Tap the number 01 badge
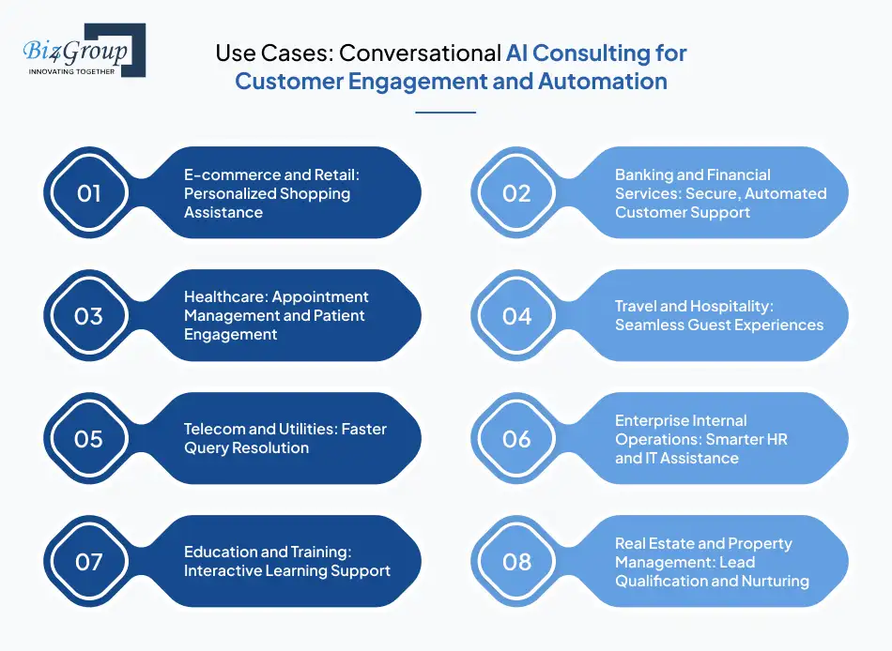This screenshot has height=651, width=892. coord(88,193)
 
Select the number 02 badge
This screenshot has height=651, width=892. coord(516,193)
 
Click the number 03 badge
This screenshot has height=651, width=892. coord(88,316)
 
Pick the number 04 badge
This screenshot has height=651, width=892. coord(516,316)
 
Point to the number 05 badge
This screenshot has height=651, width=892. coord(88,439)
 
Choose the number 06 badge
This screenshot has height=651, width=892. coord(516,439)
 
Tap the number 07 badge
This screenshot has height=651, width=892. coord(88,562)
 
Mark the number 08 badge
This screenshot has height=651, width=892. coord(516,562)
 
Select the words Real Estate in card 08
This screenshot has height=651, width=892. coord(655,544)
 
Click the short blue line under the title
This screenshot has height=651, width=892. coord(445,113)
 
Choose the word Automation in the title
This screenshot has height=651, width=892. coord(602,82)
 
